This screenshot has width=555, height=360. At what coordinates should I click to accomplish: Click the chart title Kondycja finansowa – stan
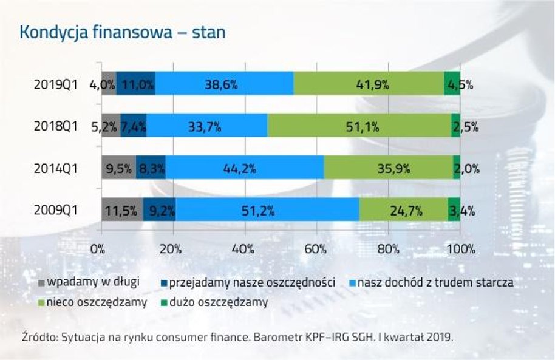pos(123,32)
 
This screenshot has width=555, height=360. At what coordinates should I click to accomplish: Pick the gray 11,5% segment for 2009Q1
pos(121,211)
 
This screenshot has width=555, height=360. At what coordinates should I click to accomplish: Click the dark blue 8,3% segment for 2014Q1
pos(151,169)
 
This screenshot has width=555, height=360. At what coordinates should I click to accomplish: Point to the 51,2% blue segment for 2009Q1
pos(267,211)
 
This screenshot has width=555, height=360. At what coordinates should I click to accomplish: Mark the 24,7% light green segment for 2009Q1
pos(403,211)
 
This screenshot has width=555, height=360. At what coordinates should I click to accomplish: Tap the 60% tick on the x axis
pos(316,248)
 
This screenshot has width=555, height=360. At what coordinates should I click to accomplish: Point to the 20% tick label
pos(172,248)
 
